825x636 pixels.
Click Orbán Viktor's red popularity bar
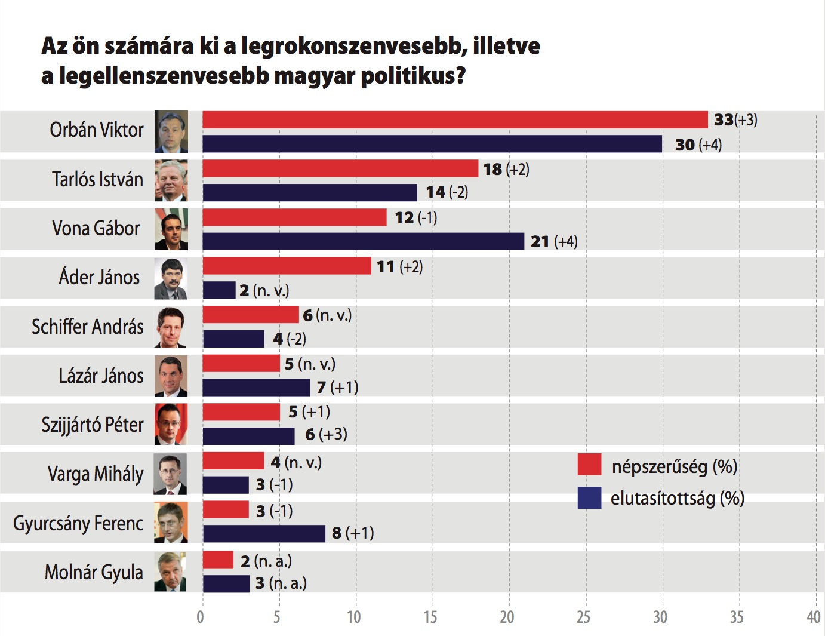[x=455, y=120]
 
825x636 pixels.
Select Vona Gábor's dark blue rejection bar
[x=363, y=241]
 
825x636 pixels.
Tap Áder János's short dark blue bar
[x=219, y=290]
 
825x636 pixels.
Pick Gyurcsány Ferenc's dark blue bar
[x=264, y=533]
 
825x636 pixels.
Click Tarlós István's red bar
[x=340, y=169]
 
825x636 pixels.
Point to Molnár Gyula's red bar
[x=218, y=560]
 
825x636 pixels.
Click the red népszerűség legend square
[x=589, y=465]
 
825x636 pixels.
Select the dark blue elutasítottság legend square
[x=589, y=497]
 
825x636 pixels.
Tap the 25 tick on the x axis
[x=583, y=617]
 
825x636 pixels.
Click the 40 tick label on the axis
[x=813, y=617]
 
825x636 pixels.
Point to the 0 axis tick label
[x=201, y=617]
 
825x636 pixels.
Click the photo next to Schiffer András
[x=171, y=327]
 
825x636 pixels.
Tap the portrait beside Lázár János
[x=171, y=376]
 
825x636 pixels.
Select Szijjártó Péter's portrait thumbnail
[x=171, y=425]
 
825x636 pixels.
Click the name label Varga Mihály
[x=96, y=474]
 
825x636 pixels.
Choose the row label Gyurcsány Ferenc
[x=78, y=523]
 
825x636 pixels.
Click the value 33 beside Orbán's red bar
[x=724, y=120]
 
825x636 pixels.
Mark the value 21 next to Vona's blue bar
[x=540, y=242]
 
